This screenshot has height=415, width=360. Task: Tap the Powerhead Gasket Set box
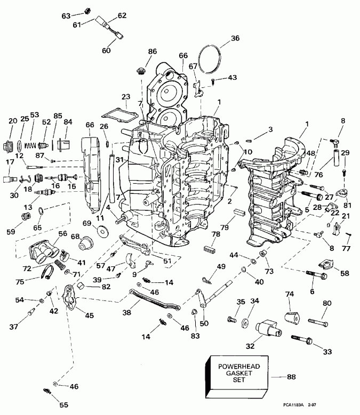(x=235, y=376)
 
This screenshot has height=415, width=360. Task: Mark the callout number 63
(x=66, y=17)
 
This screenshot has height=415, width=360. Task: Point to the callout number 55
(x=63, y=405)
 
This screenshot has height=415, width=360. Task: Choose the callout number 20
(x=13, y=121)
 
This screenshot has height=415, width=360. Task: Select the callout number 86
(x=153, y=51)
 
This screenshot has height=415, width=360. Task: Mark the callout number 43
(x=232, y=78)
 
